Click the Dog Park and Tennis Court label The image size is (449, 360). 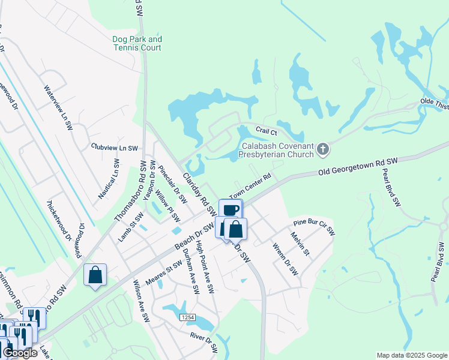click(x=137, y=43)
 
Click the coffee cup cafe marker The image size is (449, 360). click(x=231, y=209)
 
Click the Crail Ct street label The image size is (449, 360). click(x=266, y=130)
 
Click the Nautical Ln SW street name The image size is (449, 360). click(x=109, y=179)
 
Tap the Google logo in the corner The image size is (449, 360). click(x=19, y=353)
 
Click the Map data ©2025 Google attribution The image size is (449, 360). click(x=412, y=355)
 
